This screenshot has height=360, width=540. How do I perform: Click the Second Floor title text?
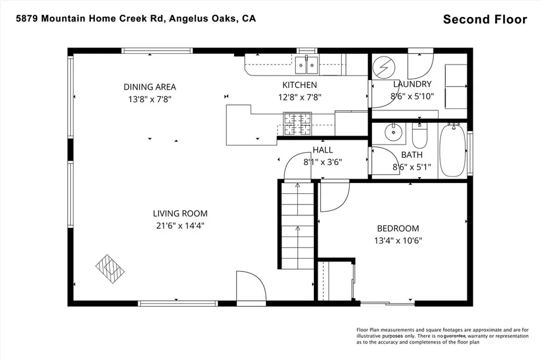[x=485, y=20]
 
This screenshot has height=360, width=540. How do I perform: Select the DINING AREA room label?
[x=150, y=87]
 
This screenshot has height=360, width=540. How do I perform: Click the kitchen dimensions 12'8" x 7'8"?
[x=300, y=97]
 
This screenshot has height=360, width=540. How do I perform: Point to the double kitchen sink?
[x=306, y=66]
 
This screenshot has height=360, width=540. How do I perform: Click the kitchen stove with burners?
[x=297, y=124]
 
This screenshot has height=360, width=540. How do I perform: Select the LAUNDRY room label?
[x=412, y=84]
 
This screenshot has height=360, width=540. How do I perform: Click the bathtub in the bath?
[x=452, y=150]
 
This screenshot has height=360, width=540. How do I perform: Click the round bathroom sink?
[x=392, y=133]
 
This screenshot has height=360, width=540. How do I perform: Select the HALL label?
[x=323, y=150]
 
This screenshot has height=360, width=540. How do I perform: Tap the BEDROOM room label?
[x=398, y=228]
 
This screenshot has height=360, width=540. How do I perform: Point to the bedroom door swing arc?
[x=333, y=197]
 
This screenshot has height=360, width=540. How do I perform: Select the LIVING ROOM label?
[x=180, y=213]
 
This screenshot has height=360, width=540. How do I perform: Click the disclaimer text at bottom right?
[x=442, y=335]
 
